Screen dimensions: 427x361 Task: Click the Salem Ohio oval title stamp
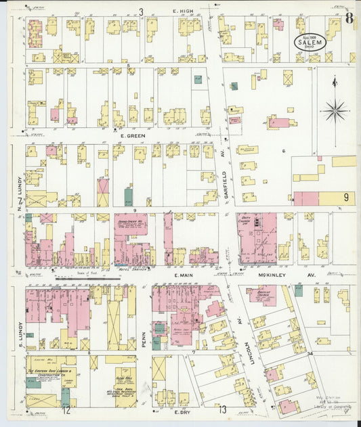pyautogui.click(x=310, y=41)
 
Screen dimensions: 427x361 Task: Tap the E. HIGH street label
pyautogui.click(x=183, y=12)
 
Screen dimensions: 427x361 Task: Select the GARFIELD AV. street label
pyautogui.click(x=225, y=181)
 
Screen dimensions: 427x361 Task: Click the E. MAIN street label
pyautogui.click(x=184, y=275)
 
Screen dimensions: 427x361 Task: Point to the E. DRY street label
pyautogui.click(x=180, y=411)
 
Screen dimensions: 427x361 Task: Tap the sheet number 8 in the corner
pyautogui.click(x=347, y=18)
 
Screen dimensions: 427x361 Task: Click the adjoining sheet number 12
pyautogui.click(x=66, y=410)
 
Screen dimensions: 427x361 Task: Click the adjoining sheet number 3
pyautogui.click(x=142, y=12)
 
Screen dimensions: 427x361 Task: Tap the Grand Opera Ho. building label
pyautogui.click(x=131, y=223)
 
